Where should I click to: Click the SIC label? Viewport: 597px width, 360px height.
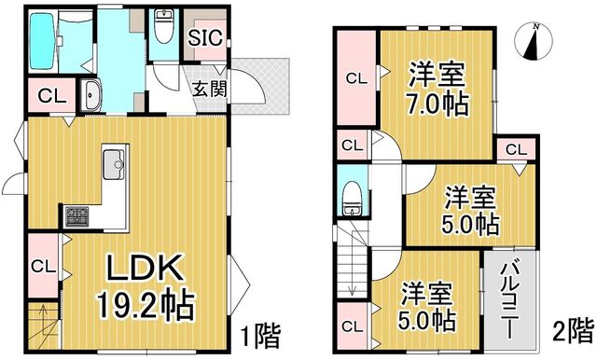tap(205, 37)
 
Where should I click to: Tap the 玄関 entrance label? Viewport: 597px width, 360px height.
tap(209, 89)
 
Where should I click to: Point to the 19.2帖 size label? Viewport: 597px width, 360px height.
tap(146, 306)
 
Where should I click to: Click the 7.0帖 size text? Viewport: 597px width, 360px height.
tap(437, 104)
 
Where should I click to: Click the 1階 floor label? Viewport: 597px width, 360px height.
tap(261, 335)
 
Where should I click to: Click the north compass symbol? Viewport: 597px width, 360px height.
tap(534, 41)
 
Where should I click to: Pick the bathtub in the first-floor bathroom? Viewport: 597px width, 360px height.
tap(42, 41)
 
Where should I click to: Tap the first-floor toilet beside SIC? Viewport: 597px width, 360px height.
tap(163, 28)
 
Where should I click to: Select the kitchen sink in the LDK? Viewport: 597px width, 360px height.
tap(114, 164)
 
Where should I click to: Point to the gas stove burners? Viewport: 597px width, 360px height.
tap(76, 217)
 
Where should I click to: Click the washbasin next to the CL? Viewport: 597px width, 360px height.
tap(91, 96)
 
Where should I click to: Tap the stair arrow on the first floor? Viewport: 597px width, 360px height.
tap(43, 320)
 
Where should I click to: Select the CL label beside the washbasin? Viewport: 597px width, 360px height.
tap(52, 97)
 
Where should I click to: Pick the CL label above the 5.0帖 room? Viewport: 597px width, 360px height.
tap(516, 150)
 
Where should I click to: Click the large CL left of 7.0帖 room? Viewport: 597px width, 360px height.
tap(356, 78)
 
